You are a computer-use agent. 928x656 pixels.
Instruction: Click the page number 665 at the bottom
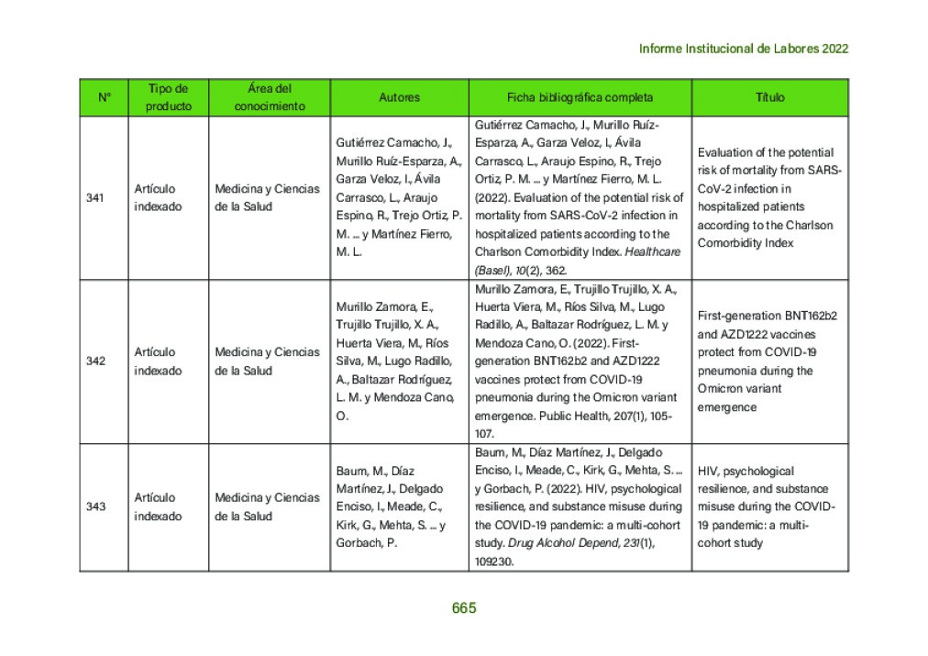(464, 608)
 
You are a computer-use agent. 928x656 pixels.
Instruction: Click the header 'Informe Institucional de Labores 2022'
(743, 49)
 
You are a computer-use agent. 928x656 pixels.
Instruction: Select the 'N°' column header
(104, 97)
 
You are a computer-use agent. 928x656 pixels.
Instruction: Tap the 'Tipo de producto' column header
(169, 97)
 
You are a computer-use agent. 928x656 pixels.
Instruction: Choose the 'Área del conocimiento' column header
(270, 97)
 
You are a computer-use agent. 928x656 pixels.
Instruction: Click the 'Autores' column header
(399, 97)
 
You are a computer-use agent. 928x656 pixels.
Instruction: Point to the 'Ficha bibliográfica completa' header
(580, 97)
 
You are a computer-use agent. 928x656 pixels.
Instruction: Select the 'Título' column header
(769, 97)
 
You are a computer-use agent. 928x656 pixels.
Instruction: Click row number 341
(95, 197)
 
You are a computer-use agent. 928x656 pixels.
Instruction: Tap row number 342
(95, 361)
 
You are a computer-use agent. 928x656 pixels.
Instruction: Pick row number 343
(95, 506)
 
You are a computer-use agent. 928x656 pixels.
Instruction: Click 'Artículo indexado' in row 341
(158, 197)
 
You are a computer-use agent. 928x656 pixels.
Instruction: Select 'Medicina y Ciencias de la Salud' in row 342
(267, 361)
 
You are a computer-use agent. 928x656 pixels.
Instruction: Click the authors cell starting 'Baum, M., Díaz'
(390, 506)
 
